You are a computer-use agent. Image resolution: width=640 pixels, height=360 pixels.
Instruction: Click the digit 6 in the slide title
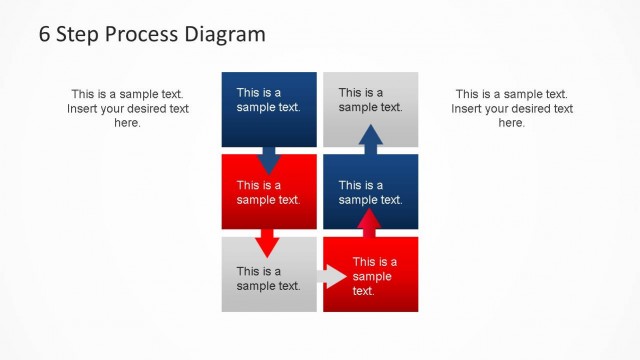tap(45, 34)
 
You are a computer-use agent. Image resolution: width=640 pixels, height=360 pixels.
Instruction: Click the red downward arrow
tap(267, 242)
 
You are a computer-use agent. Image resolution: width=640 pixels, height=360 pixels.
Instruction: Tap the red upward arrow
tap(370, 222)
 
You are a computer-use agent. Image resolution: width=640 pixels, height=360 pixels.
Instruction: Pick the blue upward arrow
tap(370, 140)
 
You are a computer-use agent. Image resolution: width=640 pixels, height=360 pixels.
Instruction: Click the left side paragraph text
tap(127, 108)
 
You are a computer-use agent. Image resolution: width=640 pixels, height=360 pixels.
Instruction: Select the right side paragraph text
tap(511, 108)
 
